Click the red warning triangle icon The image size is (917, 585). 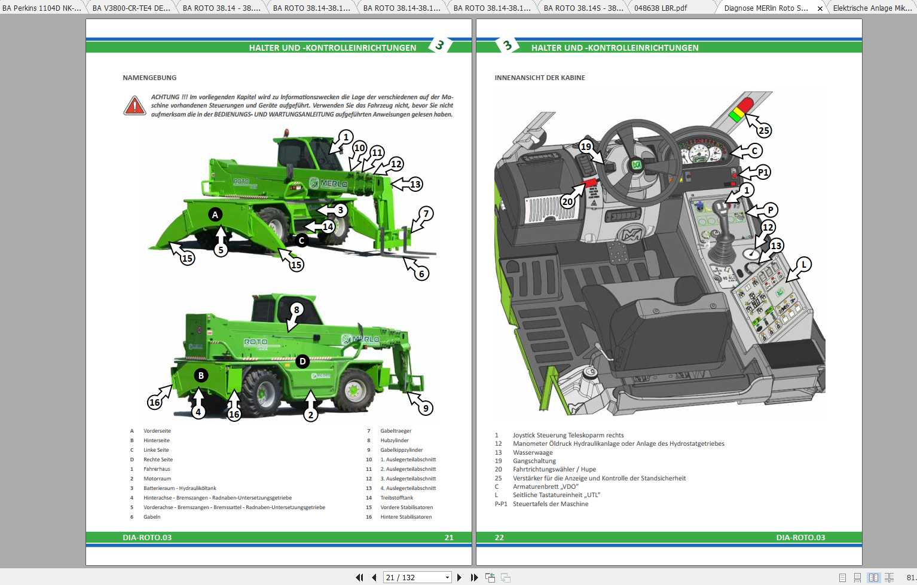click(x=135, y=106)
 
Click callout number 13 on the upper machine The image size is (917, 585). click(x=415, y=184)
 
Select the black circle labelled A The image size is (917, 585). click(x=215, y=215)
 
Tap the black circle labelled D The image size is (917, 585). click(x=302, y=361)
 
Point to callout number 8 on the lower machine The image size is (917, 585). click(x=297, y=310)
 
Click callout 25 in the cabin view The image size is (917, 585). click(x=763, y=130)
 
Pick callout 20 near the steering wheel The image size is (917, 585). click(x=567, y=201)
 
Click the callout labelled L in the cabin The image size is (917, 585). click(x=804, y=264)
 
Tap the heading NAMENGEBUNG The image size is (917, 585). click(x=149, y=78)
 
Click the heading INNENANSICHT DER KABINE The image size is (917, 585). click(x=540, y=78)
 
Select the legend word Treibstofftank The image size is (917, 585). click(x=397, y=498)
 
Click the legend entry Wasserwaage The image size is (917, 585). click(x=533, y=452)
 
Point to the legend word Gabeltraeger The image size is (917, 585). click(x=396, y=431)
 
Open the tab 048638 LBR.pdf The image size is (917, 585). click(x=661, y=8)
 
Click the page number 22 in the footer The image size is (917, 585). click(x=499, y=537)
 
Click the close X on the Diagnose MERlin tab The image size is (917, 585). click(x=820, y=8)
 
